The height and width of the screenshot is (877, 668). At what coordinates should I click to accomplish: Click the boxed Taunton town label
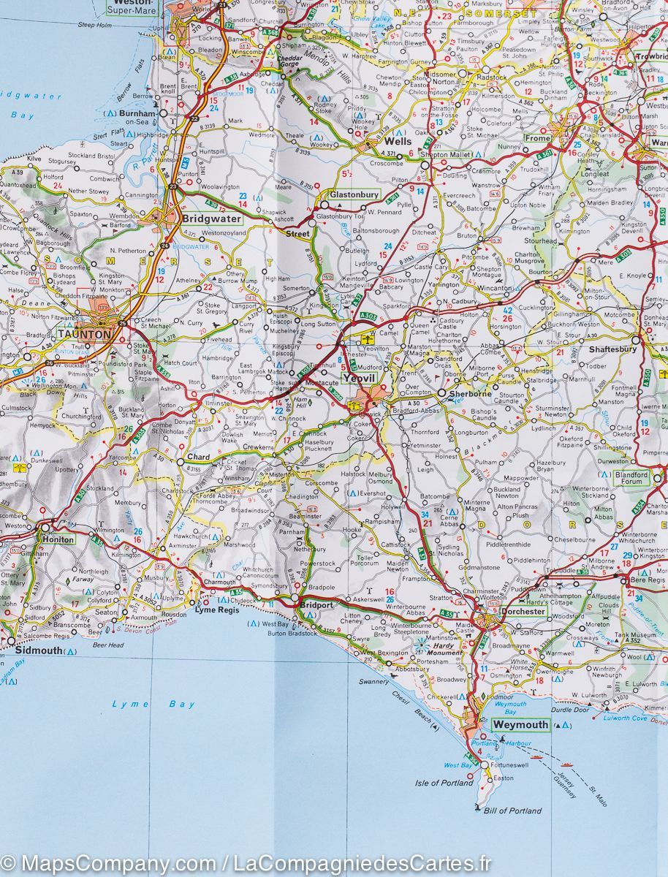coord(84,334)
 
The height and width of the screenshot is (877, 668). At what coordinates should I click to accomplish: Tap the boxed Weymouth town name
coord(520,724)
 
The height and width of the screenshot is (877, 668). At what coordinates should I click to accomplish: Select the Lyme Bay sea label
coord(153,704)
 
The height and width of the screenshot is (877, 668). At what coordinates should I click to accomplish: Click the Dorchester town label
coord(523,612)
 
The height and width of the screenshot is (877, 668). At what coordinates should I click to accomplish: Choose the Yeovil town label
coord(358,379)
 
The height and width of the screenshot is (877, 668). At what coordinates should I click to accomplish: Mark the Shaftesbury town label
coord(612,349)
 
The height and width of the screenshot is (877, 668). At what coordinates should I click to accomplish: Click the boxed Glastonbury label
coord(354,195)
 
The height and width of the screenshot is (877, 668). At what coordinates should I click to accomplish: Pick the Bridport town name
coord(317,606)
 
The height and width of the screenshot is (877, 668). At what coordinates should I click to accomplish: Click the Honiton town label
coord(57,539)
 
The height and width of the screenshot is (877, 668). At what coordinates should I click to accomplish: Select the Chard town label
coord(198,457)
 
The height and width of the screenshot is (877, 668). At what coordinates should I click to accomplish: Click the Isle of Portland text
coord(444,783)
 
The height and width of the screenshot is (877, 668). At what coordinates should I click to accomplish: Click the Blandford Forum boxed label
coord(631,477)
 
